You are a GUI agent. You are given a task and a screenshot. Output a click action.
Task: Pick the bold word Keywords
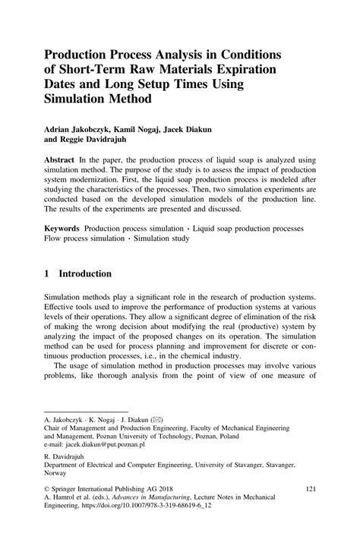[x=62, y=229]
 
